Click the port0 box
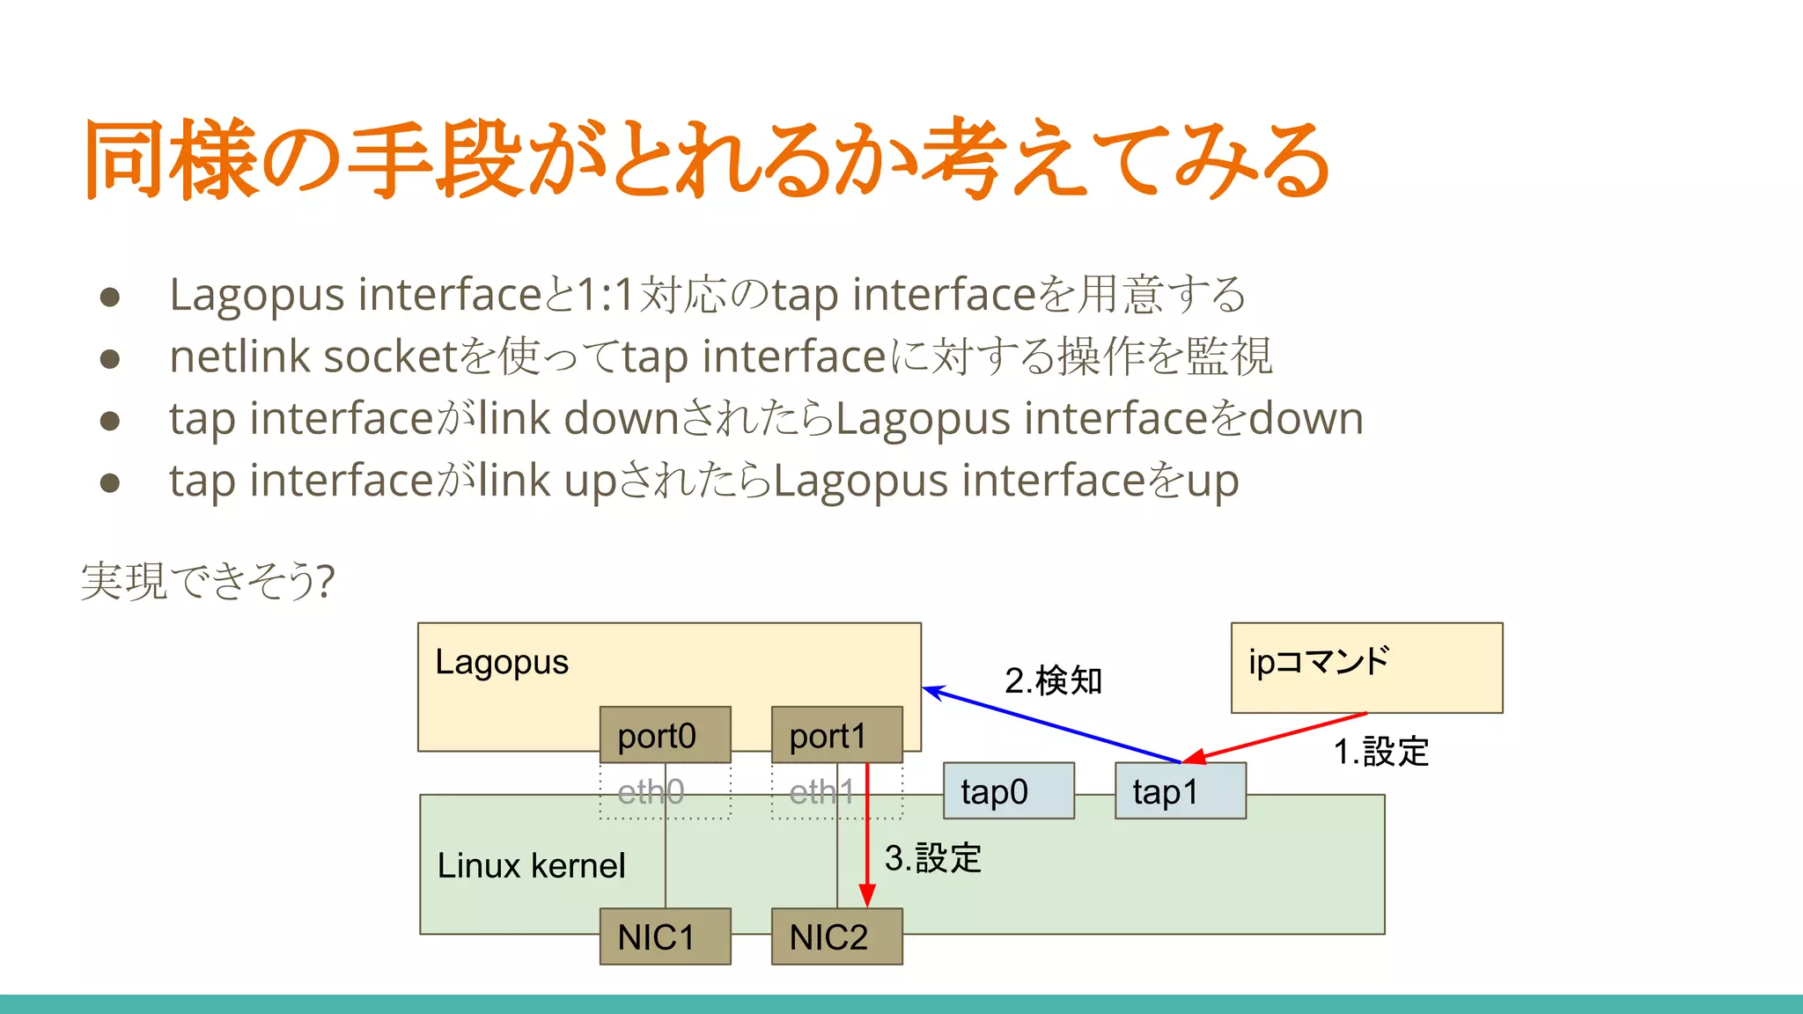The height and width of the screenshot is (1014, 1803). [x=665, y=735]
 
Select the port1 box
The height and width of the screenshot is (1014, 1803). [x=836, y=735]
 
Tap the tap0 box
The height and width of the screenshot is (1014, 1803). [x=1008, y=791]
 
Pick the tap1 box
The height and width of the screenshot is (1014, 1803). [x=1180, y=791]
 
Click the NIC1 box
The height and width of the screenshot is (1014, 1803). [x=665, y=937]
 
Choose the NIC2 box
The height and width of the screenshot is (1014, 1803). [x=836, y=937]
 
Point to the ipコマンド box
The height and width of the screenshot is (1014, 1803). [x=1366, y=667]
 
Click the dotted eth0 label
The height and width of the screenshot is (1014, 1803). [x=651, y=792]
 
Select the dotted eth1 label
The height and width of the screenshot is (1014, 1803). [x=821, y=792]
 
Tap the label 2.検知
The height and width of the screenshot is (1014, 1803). [x=1053, y=680]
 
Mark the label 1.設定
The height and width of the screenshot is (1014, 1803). [x=1380, y=752]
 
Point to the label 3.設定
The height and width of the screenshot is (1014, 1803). [x=932, y=858]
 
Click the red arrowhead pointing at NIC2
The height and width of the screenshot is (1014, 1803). [x=867, y=896]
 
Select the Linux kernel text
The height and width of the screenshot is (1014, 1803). [x=531, y=866]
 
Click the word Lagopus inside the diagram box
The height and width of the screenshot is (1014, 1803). [x=502, y=662]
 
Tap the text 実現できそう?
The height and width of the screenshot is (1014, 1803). [x=208, y=581]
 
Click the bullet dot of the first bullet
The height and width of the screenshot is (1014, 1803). [x=110, y=297]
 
